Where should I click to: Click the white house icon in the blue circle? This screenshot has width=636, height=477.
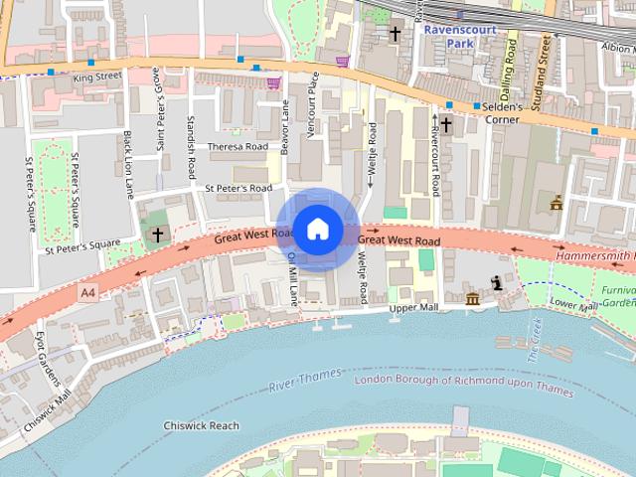(x=317, y=230)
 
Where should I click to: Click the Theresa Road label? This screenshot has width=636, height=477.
(x=238, y=147)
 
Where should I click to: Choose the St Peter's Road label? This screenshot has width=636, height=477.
(x=238, y=187)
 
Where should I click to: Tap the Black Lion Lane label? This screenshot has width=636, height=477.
(x=128, y=165)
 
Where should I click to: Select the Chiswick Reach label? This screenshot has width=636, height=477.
(x=202, y=425)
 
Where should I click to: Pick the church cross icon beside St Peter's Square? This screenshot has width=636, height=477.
(x=157, y=235)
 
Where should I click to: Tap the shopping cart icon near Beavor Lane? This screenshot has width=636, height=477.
(x=274, y=84)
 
